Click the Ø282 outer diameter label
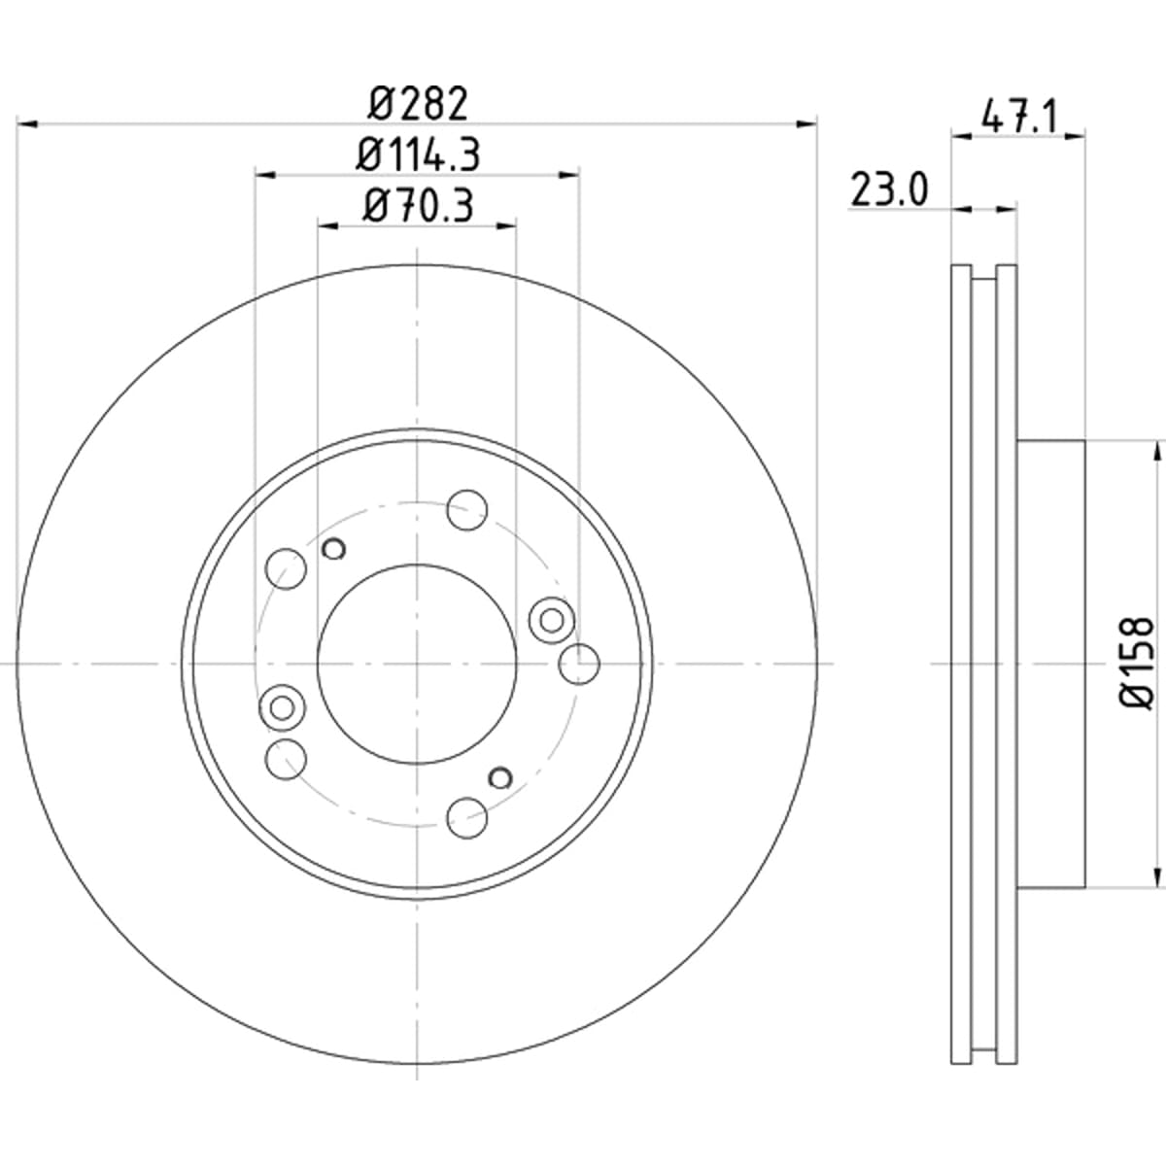click(418, 103)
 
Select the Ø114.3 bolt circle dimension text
click(418, 154)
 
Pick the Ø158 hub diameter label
click(1136, 664)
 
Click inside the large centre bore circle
click(417, 665)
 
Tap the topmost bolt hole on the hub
click(467, 510)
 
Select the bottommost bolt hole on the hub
click(467, 818)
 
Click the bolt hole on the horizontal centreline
click(579, 665)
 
